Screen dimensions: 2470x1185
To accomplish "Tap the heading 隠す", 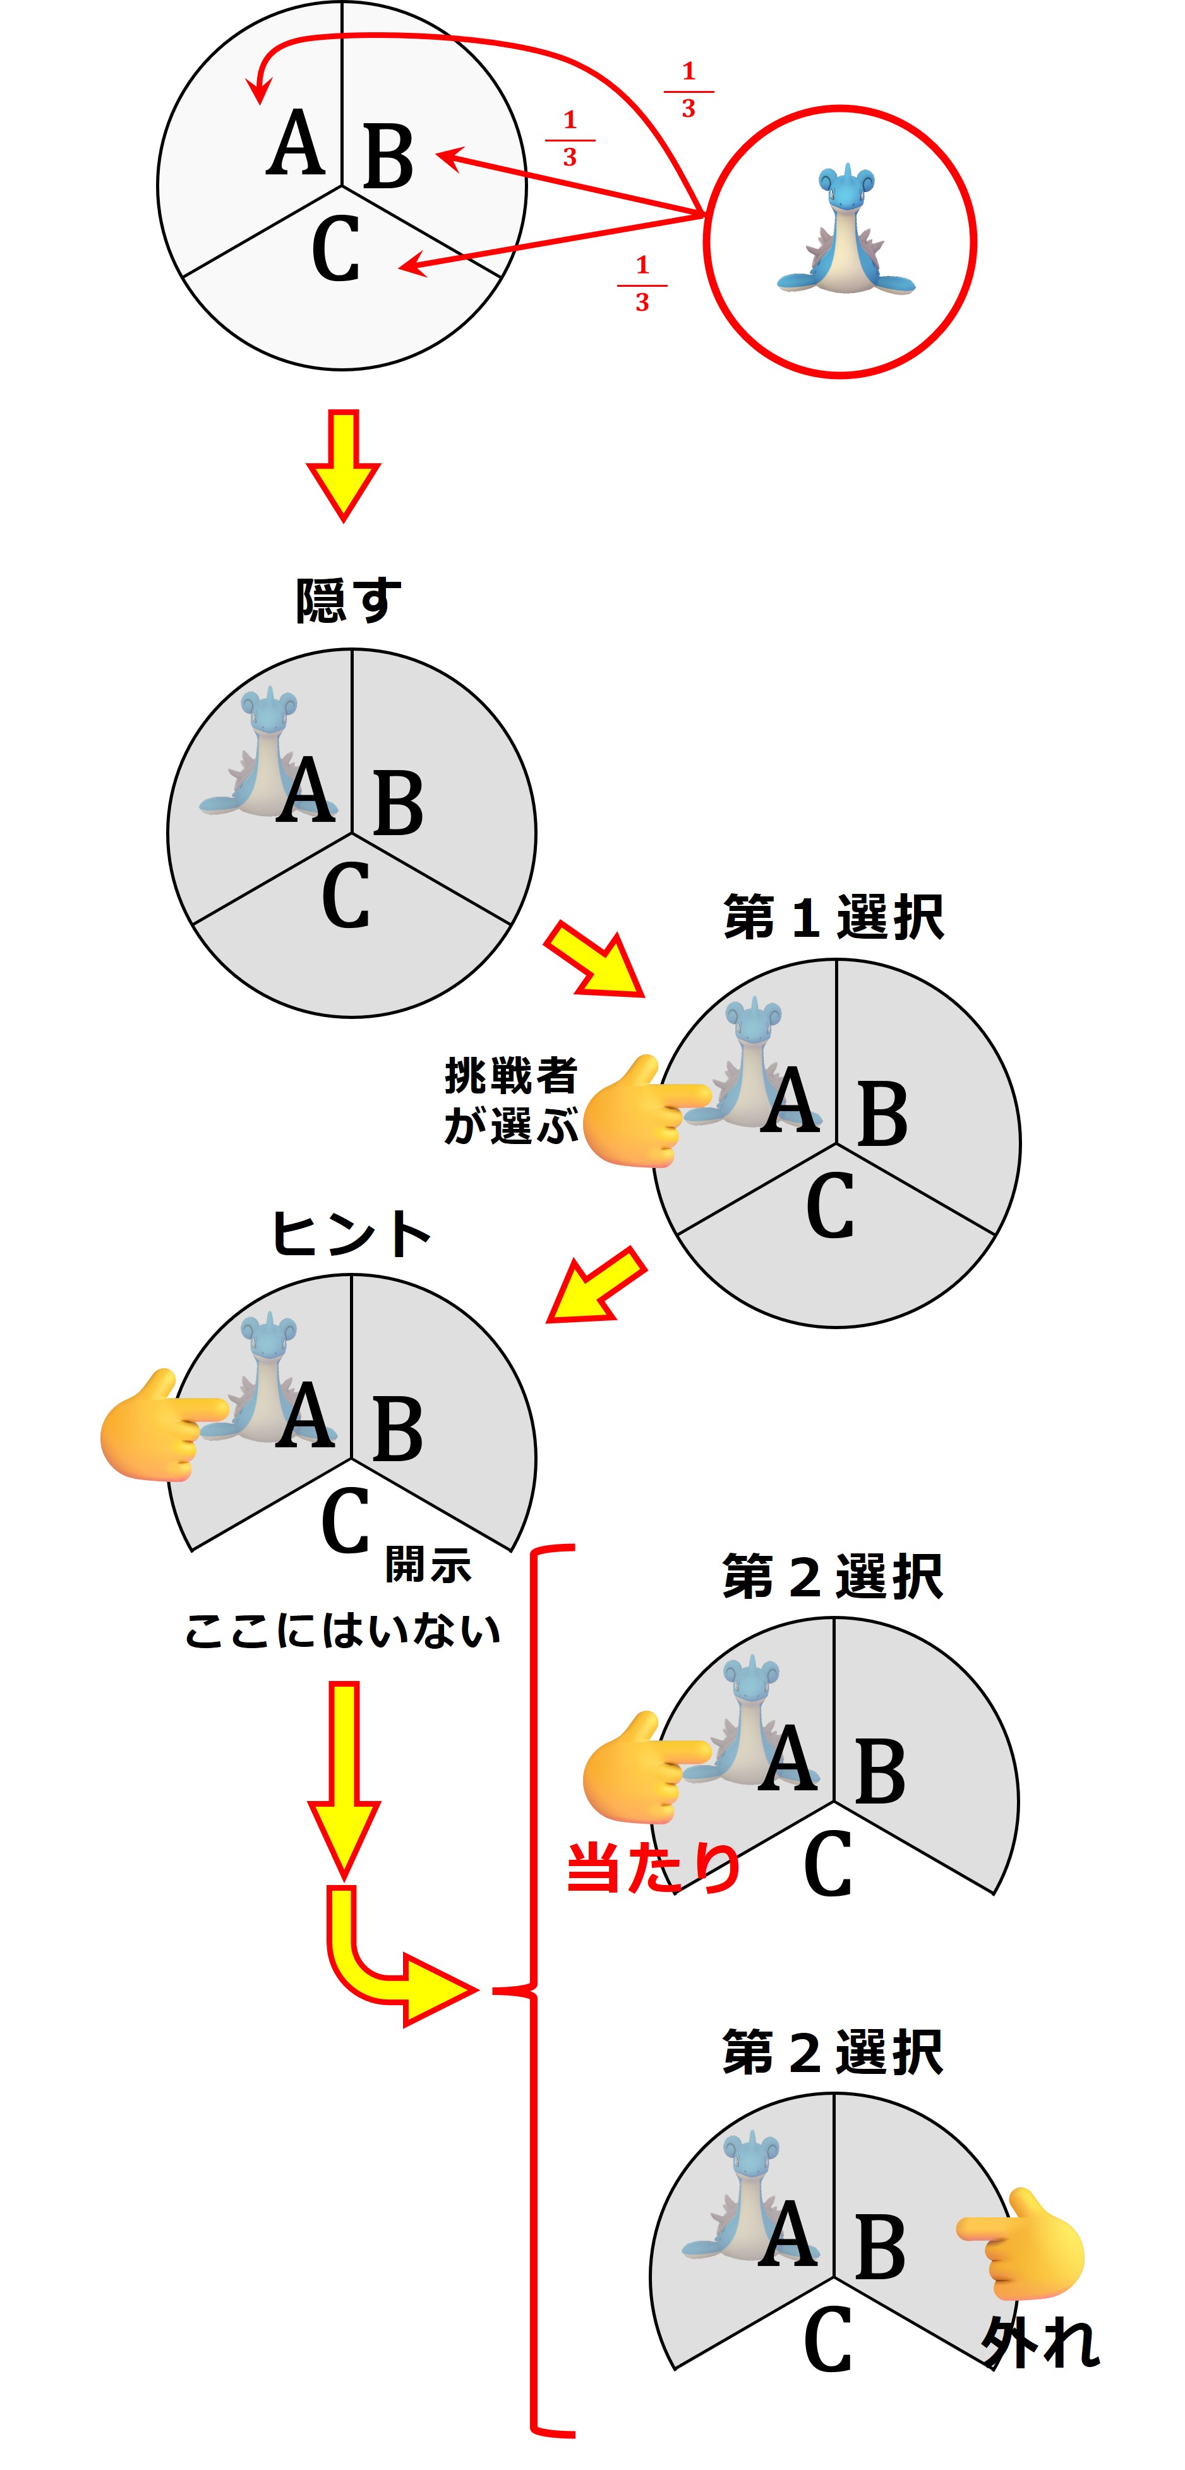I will pos(347,600).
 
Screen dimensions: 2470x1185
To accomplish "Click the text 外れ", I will pos(1040,2342).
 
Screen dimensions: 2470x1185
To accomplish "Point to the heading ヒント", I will pos(351,1233).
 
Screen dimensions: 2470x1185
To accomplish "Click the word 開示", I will pos(428,1565).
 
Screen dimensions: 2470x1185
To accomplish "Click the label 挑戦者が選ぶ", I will pos(511,1100).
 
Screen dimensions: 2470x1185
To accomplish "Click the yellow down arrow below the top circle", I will pos(343,464).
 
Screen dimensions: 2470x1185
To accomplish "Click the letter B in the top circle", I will pos(388,156).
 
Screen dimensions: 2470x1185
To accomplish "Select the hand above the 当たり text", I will pos(641,1766).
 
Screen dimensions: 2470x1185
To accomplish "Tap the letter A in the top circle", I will pos(295,144).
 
